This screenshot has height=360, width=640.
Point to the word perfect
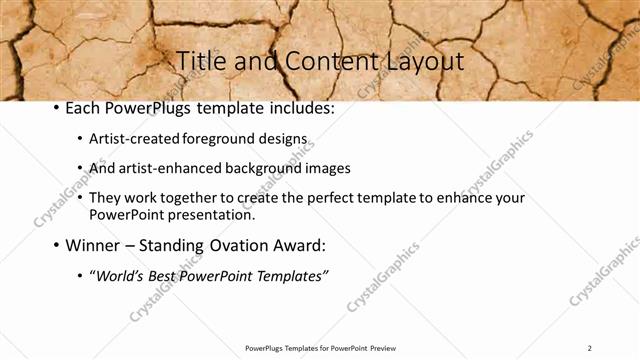click(x=344, y=198)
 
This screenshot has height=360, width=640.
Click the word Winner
click(x=93, y=245)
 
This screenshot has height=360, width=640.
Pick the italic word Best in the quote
click(x=165, y=275)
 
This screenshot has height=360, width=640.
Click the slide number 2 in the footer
click(x=590, y=347)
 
